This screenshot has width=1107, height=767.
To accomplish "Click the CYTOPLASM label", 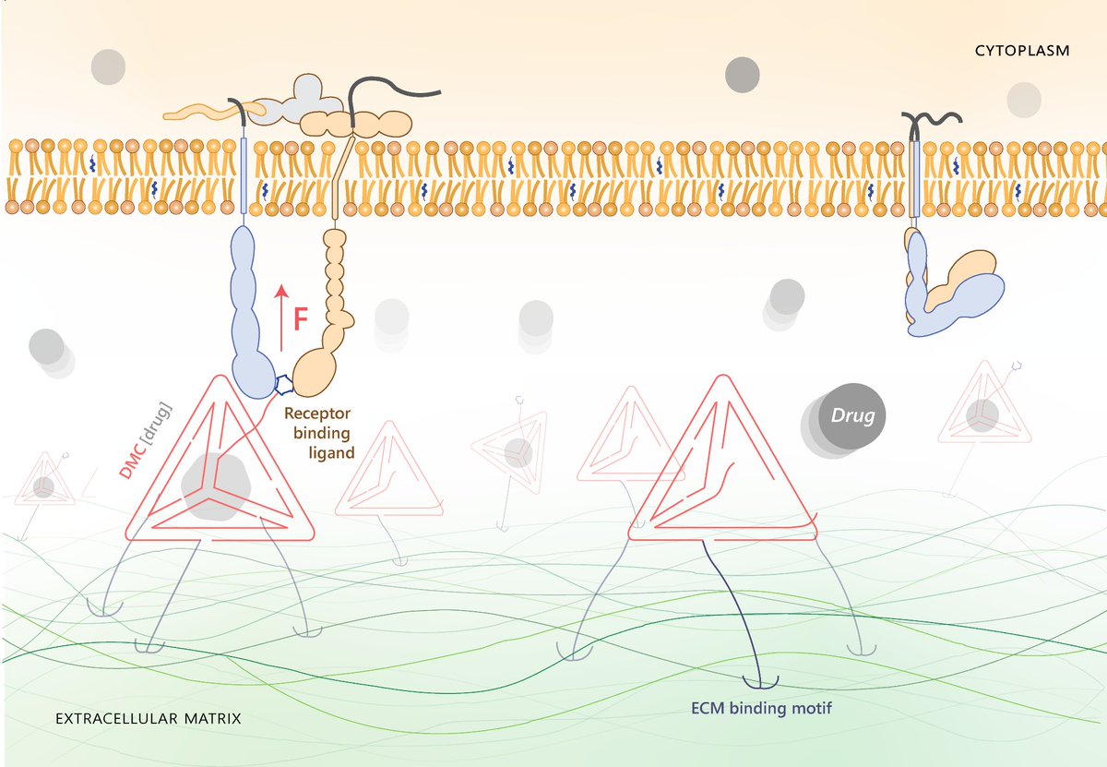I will (1022, 51).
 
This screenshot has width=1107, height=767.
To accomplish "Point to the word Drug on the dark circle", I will (852, 416).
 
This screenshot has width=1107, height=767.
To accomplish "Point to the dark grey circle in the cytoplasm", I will (744, 75).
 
